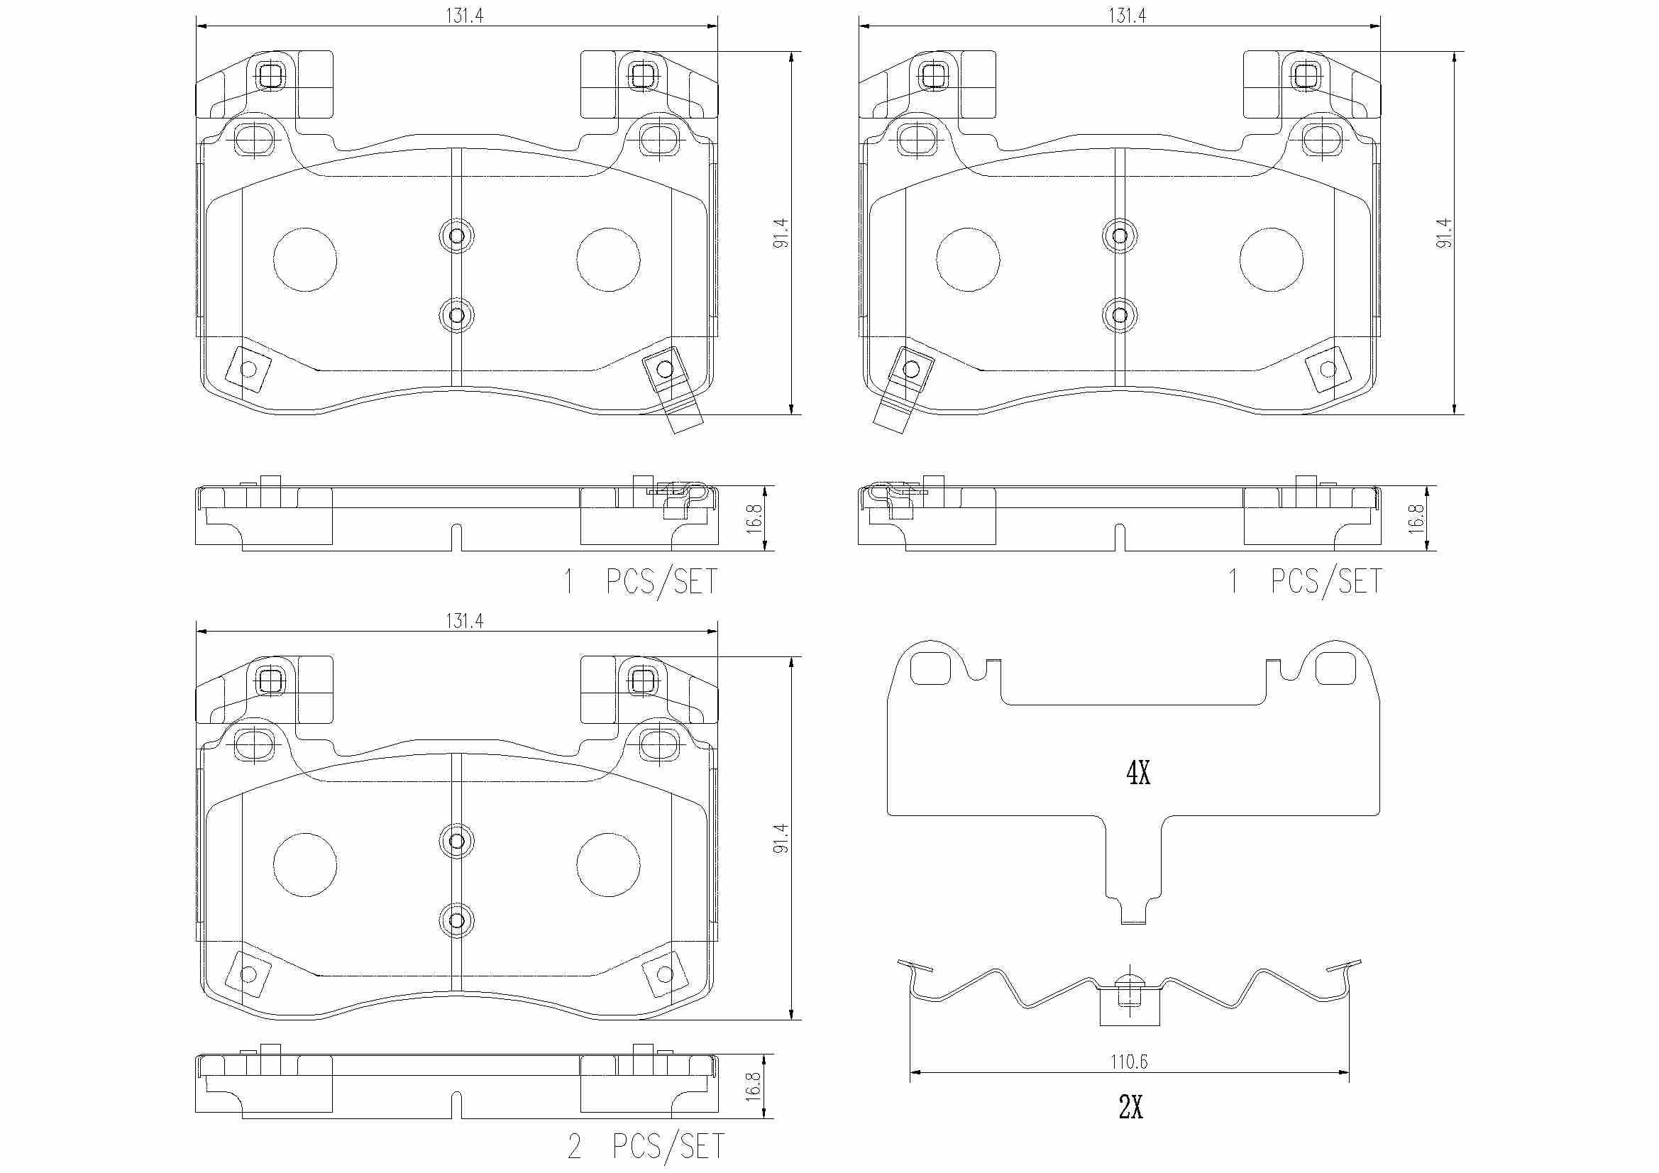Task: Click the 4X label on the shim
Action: click(1138, 773)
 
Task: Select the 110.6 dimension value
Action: click(1129, 1061)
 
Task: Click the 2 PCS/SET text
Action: click(645, 1146)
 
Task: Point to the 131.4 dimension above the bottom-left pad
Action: click(464, 620)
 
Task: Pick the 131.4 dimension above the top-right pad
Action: click(1128, 15)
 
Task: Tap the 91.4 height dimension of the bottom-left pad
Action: click(781, 838)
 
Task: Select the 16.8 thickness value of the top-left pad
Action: click(754, 519)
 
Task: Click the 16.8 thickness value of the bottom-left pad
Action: click(754, 1086)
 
